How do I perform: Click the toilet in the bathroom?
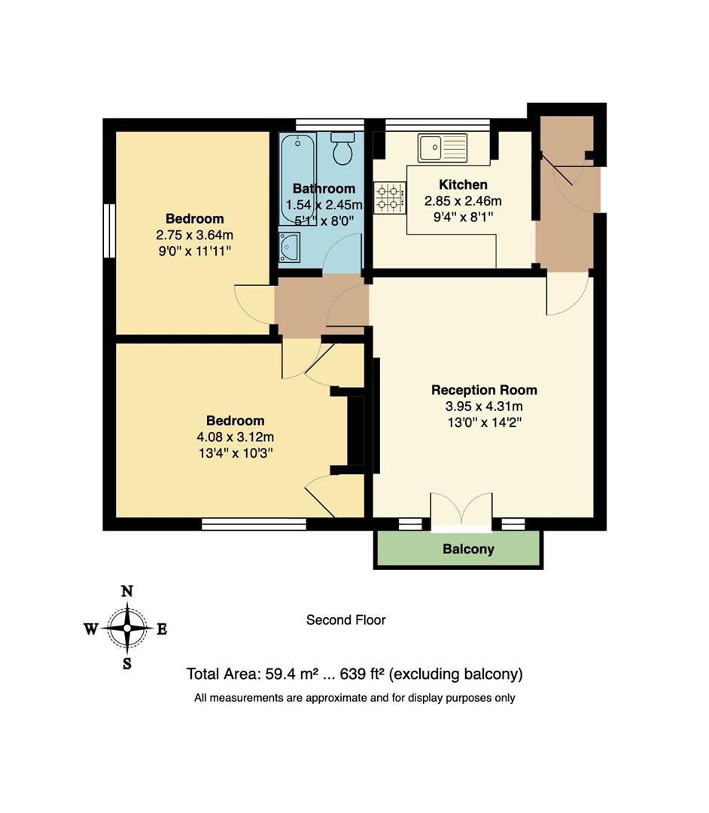(343, 149)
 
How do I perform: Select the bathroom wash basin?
(289, 246)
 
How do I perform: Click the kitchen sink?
(443, 148)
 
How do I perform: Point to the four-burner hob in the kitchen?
(388, 196)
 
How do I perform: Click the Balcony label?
(468, 549)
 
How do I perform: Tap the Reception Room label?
(484, 390)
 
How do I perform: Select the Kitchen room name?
(463, 184)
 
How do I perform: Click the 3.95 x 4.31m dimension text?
(484, 406)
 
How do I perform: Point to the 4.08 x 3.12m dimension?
(236, 437)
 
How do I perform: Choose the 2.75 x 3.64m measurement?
(195, 235)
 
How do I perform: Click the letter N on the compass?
(127, 592)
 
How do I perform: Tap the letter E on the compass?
(162, 629)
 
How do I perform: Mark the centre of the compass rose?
(127, 628)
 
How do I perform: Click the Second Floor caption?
(345, 620)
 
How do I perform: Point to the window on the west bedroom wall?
(110, 231)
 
